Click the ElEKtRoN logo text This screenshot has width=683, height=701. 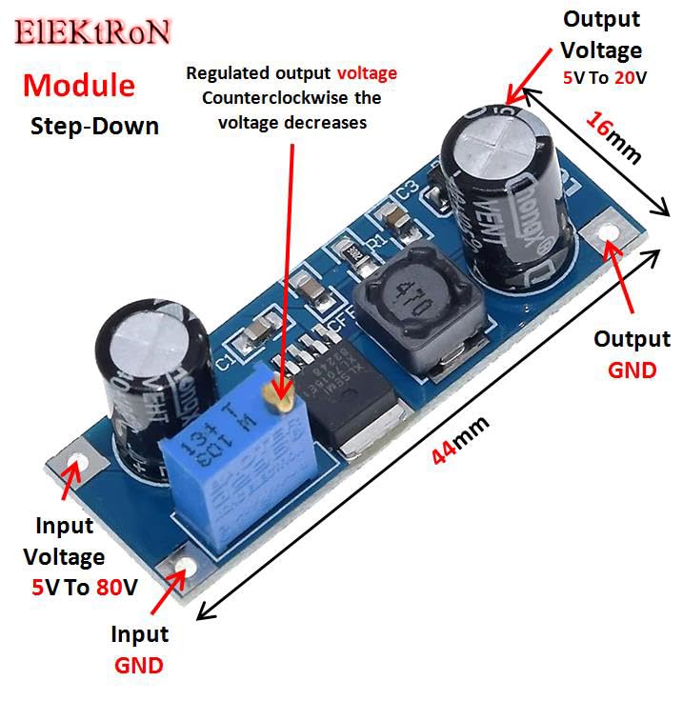pos(92,31)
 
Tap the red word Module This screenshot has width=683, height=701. pos(79,85)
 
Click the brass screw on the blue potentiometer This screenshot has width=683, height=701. pos(281,403)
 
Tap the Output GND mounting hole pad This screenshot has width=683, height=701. pos(608,237)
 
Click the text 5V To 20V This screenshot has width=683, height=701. pos(603,77)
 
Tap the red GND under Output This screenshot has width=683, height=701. pos(632,369)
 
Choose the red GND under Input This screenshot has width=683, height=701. pos(139,664)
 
